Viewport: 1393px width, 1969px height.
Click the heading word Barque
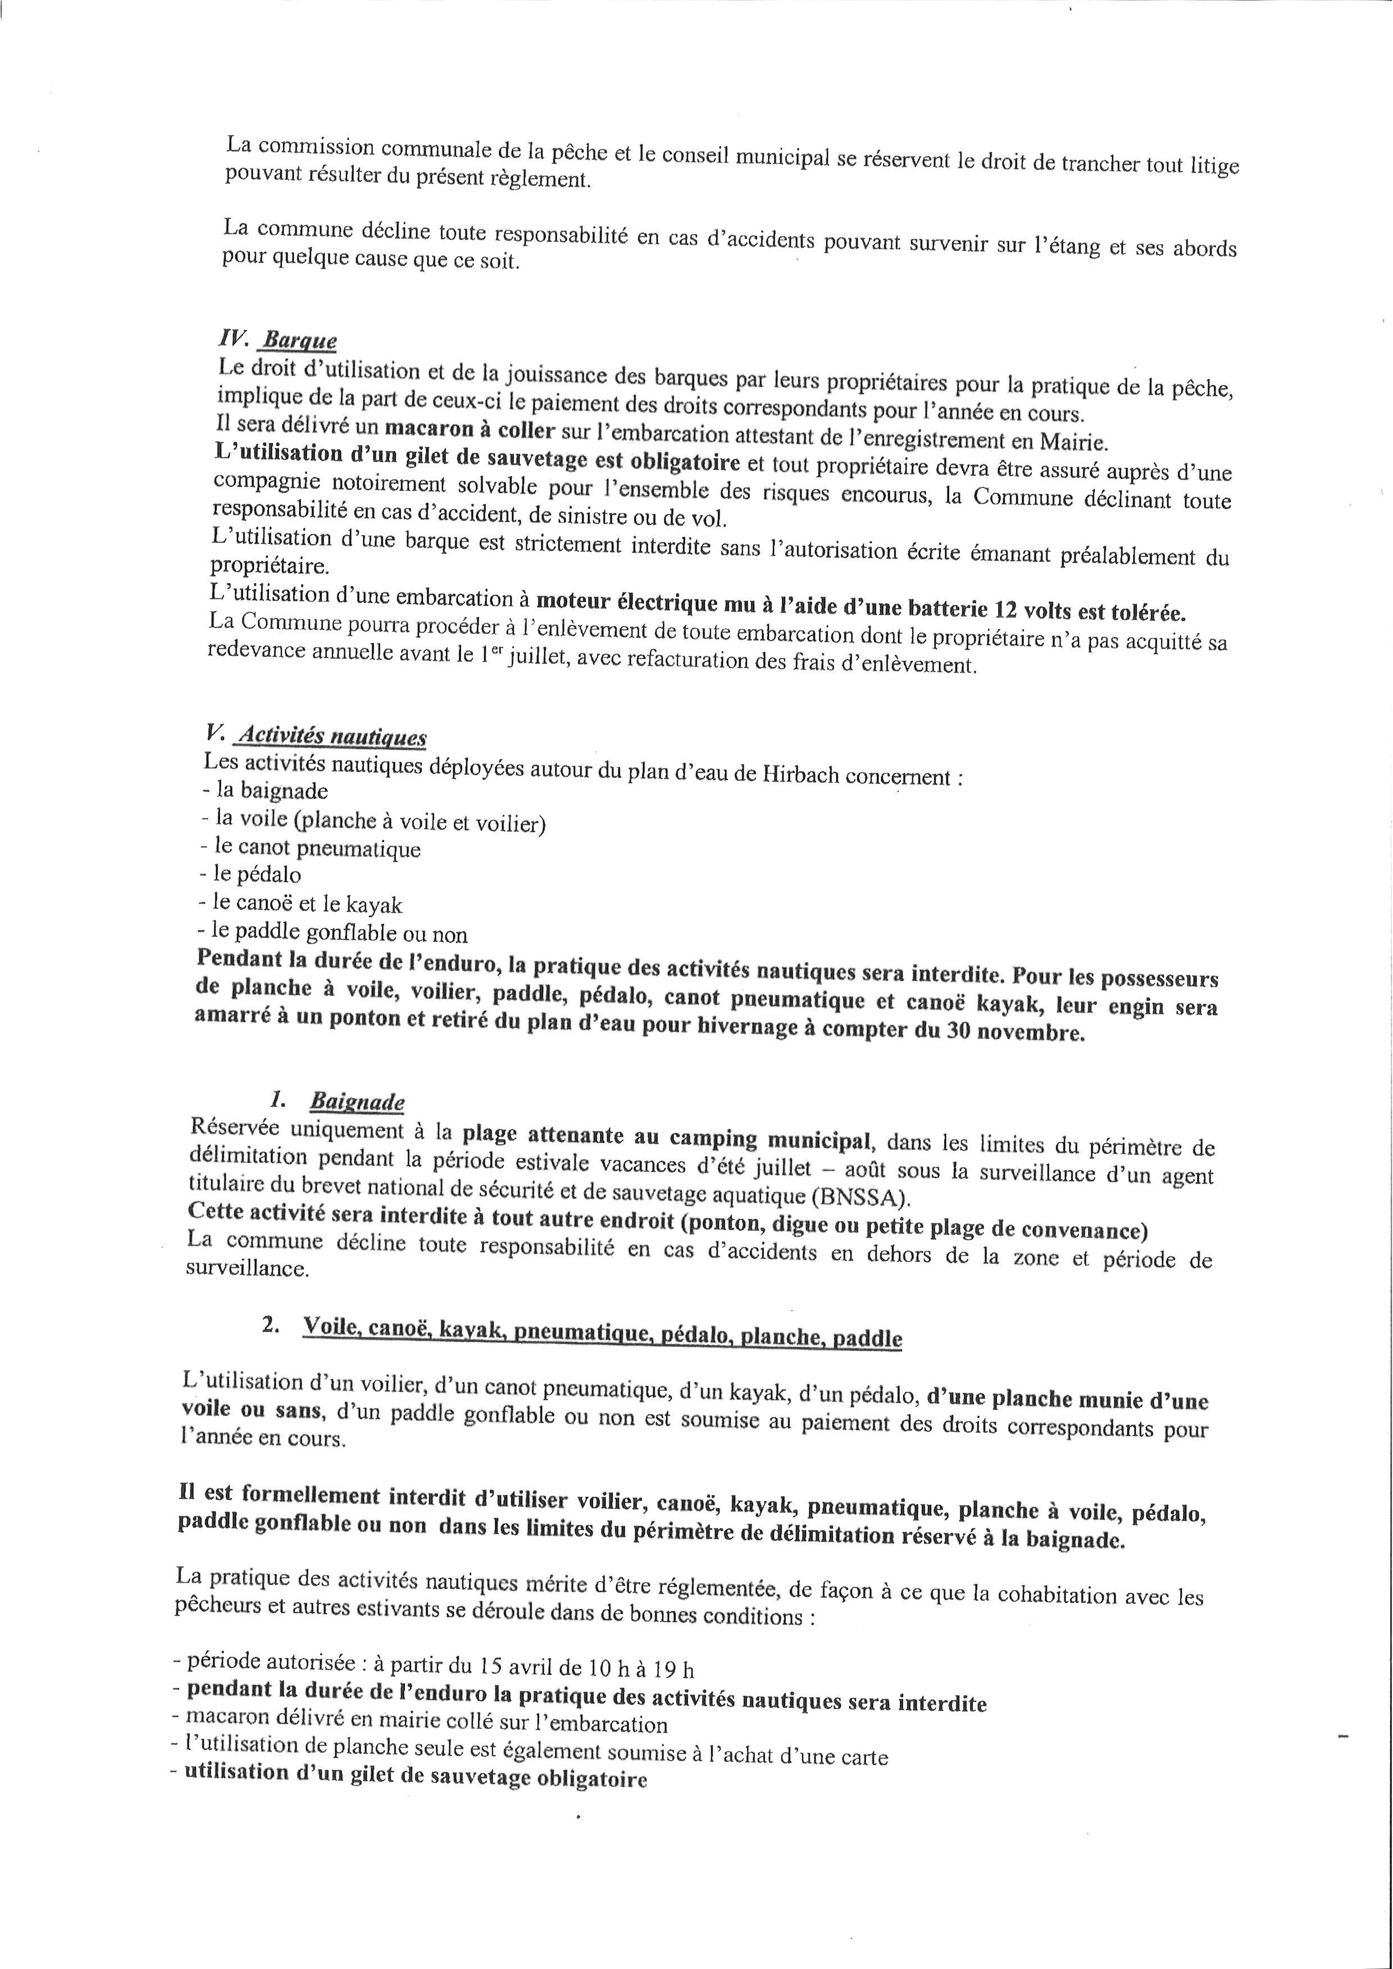[299, 340]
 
